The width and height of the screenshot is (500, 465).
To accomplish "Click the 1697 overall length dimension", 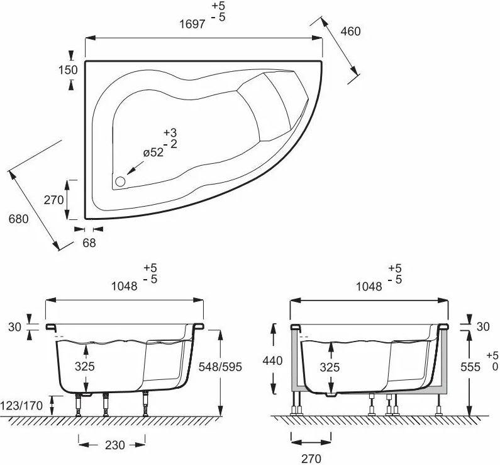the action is [x=192, y=24].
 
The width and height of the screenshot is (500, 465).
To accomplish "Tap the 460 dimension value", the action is [x=351, y=32].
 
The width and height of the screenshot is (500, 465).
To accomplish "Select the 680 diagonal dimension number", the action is [x=18, y=219].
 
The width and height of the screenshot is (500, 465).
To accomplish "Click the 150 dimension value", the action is [x=68, y=69].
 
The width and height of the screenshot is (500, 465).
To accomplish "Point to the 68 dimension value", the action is [x=89, y=243].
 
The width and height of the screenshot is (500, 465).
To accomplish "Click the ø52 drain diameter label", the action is [x=153, y=152].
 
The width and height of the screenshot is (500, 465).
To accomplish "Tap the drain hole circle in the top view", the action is [x=120, y=181].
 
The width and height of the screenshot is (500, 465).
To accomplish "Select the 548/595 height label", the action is [x=220, y=367].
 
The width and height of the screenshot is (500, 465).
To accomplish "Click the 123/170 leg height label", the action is [x=21, y=406].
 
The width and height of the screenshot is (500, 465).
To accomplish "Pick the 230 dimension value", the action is [x=115, y=445].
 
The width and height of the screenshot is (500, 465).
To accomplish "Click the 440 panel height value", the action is [x=272, y=361].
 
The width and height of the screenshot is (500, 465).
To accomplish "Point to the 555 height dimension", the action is [x=470, y=367].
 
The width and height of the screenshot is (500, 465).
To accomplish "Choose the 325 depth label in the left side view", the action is [x=85, y=366].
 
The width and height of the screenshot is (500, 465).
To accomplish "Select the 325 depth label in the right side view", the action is [x=330, y=367].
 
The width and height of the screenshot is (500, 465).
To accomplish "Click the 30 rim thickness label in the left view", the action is [x=14, y=327].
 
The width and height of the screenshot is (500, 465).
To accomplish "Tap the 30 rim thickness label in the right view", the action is [x=483, y=326].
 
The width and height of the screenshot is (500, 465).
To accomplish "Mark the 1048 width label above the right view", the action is [x=369, y=287].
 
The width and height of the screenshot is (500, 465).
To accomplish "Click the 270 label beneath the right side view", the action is [x=311, y=459].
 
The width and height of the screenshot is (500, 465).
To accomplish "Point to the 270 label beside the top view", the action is [x=53, y=200].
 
